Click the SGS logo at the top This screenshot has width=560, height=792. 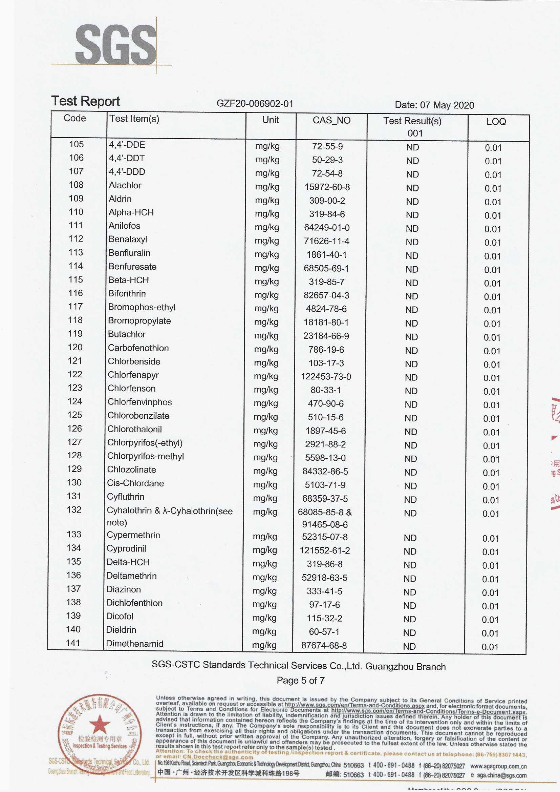pyautogui.click(x=115, y=44)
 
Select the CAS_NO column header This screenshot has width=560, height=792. pyautogui.click(x=331, y=120)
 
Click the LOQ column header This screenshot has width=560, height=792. pyautogui.click(x=496, y=122)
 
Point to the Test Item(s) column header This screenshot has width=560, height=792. pyautogui.click(x=134, y=119)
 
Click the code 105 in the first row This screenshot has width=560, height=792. pyautogui.click(x=76, y=144)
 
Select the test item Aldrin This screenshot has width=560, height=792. pyautogui.click(x=120, y=199)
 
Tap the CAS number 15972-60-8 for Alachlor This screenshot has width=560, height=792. pyautogui.click(x=327, y=187)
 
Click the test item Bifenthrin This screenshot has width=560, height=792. pyautogui.click(x=127, y=294)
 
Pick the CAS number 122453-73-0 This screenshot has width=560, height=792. pyautogui.click(x=326, y=377)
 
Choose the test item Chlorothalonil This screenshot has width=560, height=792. pyautogui.click(x=134, y=429)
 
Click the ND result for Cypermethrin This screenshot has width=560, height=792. pyautogui.click(x=410, y=538)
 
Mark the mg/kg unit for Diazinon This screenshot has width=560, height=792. pyautogui.click(x=264, y=591)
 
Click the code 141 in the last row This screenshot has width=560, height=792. pyautogui.click(x=73, y=643)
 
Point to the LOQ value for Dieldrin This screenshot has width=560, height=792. pyautogui.click(x=490, y=633)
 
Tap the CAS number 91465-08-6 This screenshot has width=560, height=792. pyautogui.click(x=325, y=525)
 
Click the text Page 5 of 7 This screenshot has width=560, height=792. pyautogui.click(x=300, y=681)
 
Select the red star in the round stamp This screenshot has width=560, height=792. pyautogui.click(x=100, y=724)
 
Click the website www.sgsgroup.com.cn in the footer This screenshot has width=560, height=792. pyautogui.click(x=498, y=767)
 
